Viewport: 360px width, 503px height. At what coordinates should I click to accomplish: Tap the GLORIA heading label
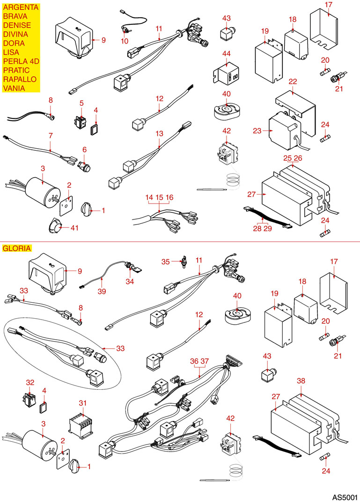[17, 248]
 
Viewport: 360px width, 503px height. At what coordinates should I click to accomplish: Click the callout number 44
[227, 54]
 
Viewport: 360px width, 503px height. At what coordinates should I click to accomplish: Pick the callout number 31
[83, 403]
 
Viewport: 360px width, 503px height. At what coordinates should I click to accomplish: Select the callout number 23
[257, 131]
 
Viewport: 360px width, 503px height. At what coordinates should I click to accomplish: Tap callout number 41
[74, 228]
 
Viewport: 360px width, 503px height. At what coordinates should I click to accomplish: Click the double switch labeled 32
[30, 399]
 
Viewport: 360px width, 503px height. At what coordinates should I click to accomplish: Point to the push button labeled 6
[84, 166]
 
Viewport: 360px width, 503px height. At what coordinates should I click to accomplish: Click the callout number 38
[301, 381]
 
